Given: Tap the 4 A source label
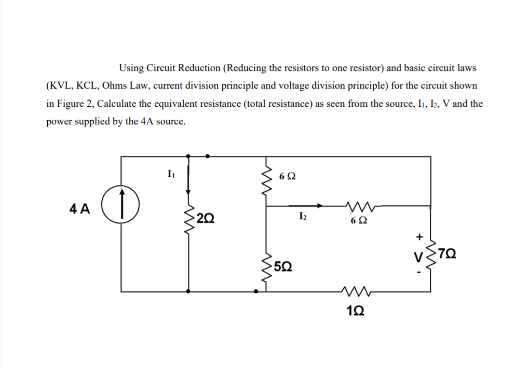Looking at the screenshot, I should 79,209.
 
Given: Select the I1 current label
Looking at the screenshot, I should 170,173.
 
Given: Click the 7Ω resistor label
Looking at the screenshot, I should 449,254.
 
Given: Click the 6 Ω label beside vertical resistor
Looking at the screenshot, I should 287,176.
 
